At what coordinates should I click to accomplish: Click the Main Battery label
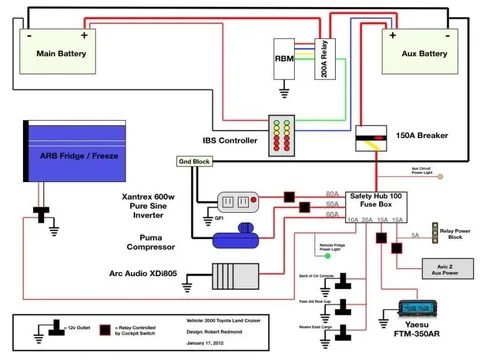point(61,52)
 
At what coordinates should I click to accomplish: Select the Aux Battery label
point(418,52)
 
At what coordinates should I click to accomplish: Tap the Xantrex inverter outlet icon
point(238,200)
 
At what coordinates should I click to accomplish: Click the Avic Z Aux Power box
point(441,268)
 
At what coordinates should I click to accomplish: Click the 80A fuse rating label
point(331,194)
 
